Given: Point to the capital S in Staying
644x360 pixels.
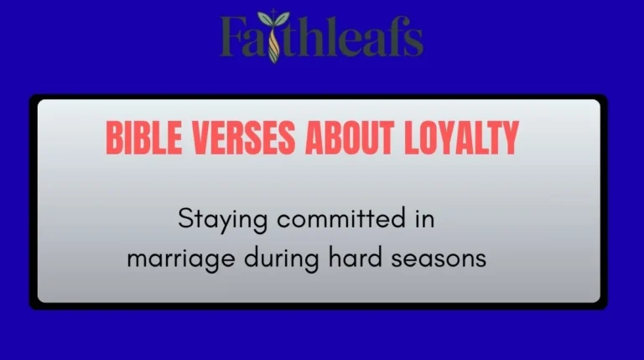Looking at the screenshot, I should (x=185, y=220).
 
